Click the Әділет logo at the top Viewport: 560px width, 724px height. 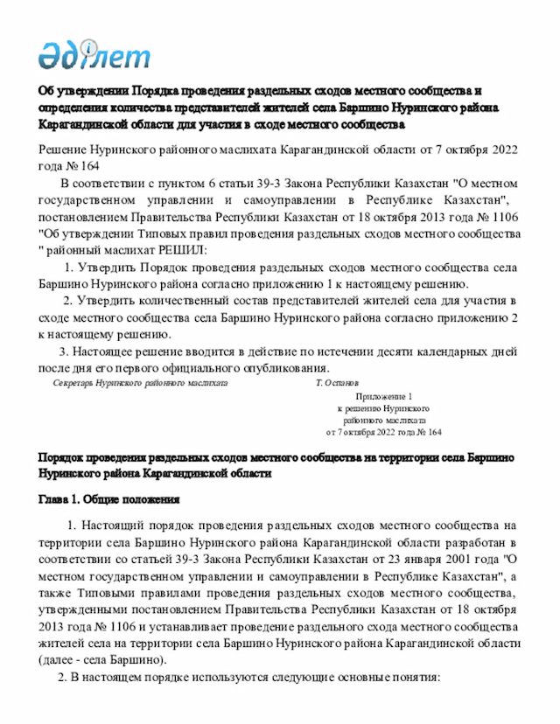point(94,55)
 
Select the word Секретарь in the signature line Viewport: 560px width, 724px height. point(74,383)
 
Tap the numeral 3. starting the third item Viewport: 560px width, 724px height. point(52,351)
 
